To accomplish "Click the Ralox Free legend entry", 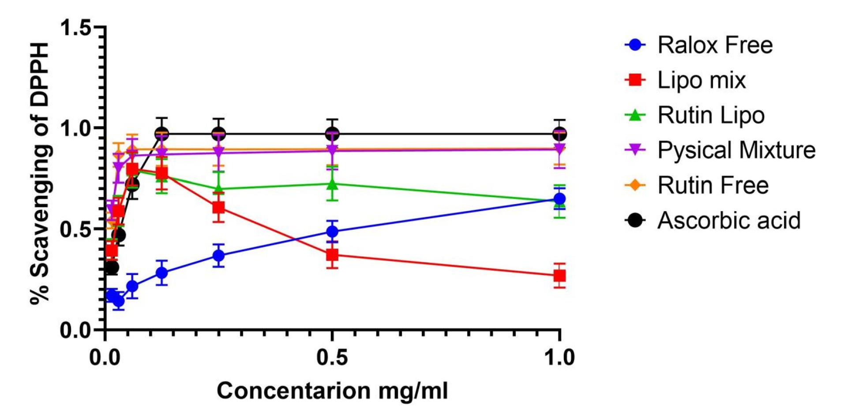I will [715, 45].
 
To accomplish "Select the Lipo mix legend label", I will [701, 80].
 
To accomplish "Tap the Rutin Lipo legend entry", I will [711, 115].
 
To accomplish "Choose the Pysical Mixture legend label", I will [736, 150].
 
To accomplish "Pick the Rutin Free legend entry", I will [713, 185].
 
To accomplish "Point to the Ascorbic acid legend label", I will [729, 220].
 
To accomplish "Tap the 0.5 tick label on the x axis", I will [332, 358].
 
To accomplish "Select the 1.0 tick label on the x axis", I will [559, 358].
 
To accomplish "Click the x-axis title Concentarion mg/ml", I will [332, 391].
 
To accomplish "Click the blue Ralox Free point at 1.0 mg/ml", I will [559, 199].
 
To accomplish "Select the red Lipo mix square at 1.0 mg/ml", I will [559, 276].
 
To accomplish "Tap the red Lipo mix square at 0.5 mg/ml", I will [332, 255].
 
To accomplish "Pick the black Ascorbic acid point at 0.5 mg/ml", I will [332, 134].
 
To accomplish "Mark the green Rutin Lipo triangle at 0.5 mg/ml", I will [332, 184].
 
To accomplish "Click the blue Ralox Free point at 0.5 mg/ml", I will [332, 231].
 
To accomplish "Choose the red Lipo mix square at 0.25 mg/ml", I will [218, 207].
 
